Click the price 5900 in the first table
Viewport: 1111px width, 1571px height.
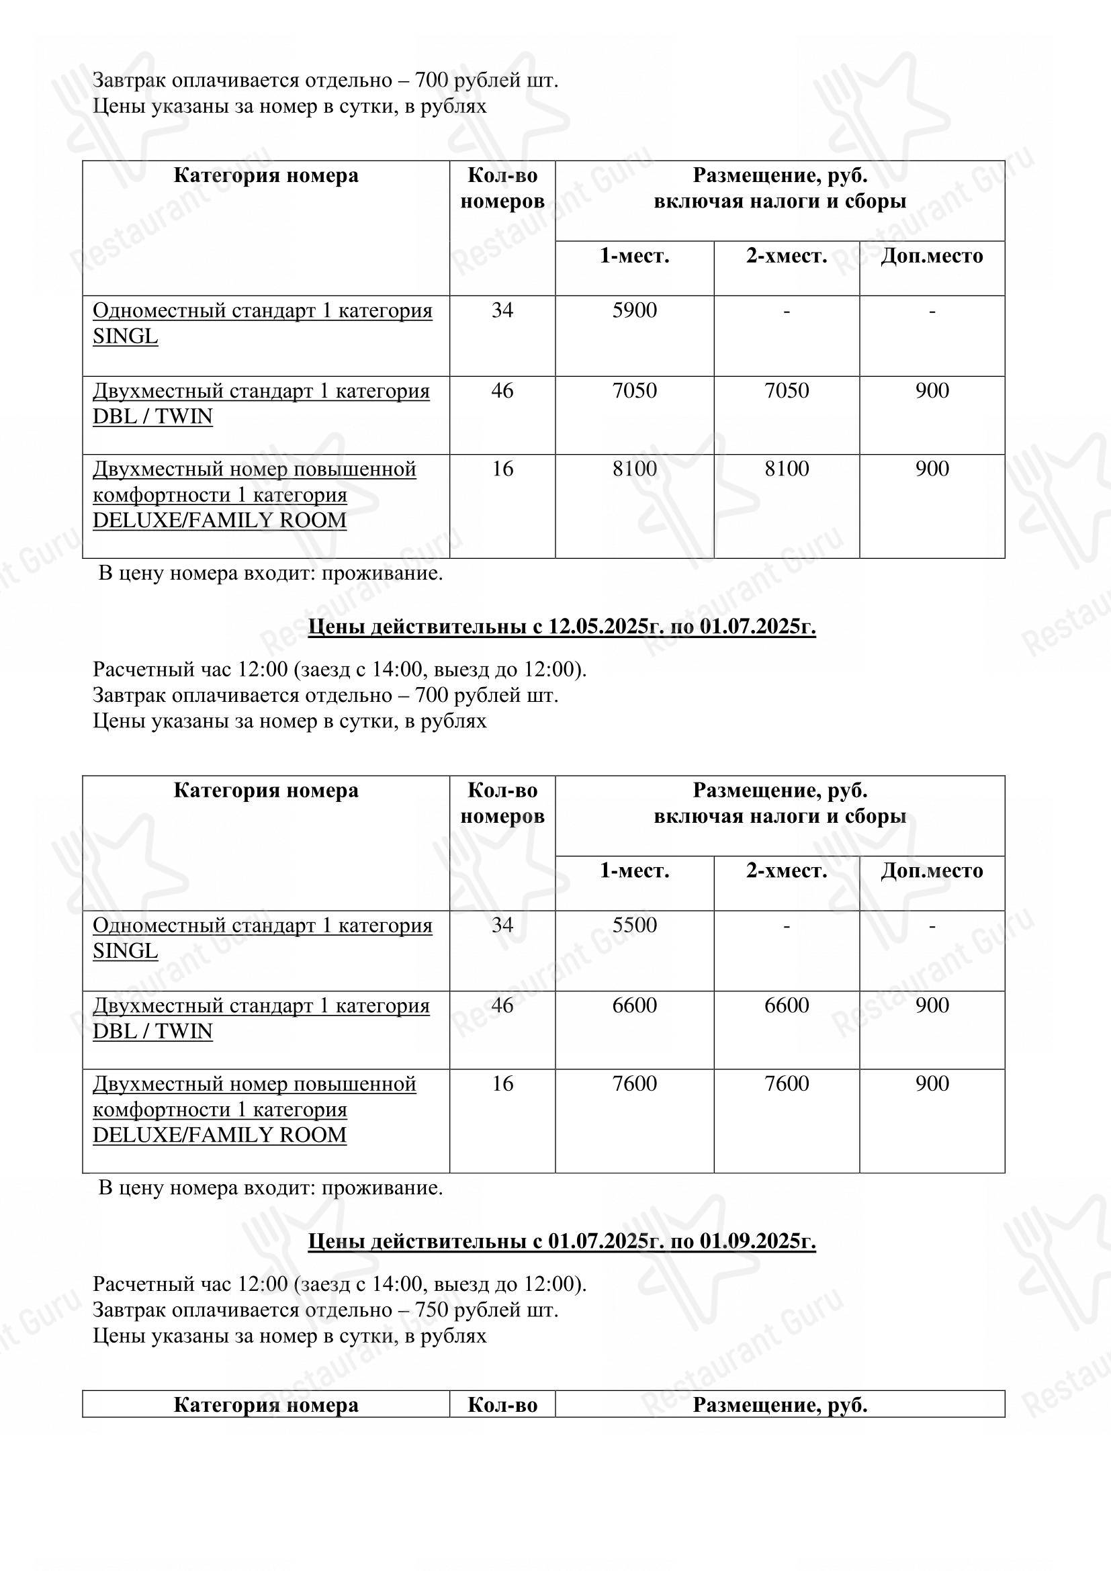click(634, 311)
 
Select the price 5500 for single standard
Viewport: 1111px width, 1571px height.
click(634, 925)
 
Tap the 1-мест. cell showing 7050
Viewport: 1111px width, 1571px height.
click(634, 391)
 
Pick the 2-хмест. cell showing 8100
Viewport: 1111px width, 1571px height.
click(786, 469)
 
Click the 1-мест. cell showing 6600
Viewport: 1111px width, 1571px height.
click(634, 1005)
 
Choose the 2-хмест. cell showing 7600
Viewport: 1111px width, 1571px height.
click(786, 1083)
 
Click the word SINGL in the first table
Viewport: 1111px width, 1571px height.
click(125, 336)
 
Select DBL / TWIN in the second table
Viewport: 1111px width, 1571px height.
click(152, 1031)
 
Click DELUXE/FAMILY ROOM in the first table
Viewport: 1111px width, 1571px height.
click(220, 520)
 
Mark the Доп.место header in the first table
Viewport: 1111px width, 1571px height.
click(931, 256)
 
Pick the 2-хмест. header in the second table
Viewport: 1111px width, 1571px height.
click(786, 870)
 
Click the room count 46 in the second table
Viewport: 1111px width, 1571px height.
click(502, 1005)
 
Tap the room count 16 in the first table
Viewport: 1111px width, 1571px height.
click(502, 469)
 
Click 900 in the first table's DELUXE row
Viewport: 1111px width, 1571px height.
click(932, 469)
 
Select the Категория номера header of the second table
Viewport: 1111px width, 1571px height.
click(265, 791)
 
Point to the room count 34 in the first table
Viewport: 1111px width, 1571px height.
click(502, 311)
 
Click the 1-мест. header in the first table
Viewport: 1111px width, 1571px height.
click(634, 256)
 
